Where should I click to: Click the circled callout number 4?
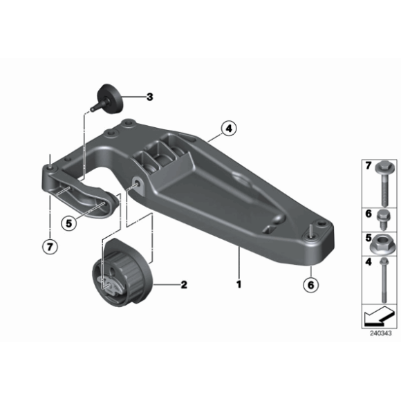point(229,129)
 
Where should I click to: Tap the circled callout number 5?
point(69,223)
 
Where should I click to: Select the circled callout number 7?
point(50,247)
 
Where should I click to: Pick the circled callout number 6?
point(310,285)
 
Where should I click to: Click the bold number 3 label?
point(149,97)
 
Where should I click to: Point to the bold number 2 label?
point(184,285)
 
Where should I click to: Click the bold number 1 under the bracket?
point(239,284)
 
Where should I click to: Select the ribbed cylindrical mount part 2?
point(122,272)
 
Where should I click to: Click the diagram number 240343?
point(380,333)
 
